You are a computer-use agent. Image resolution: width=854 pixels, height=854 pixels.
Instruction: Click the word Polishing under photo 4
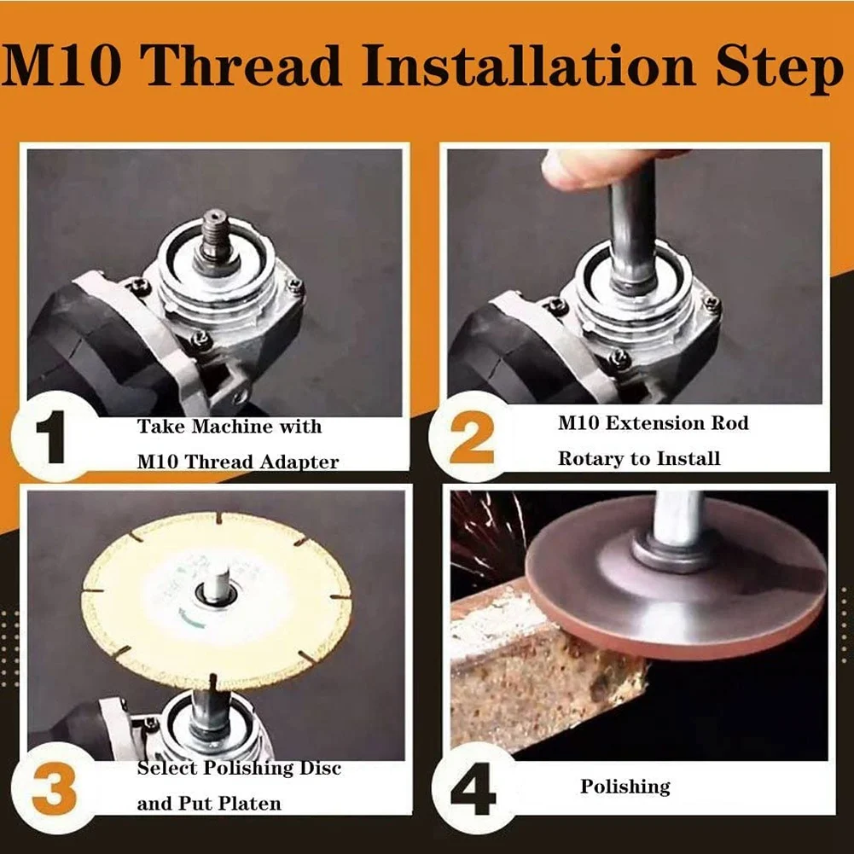pyautogui.click(x=625, y=787)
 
